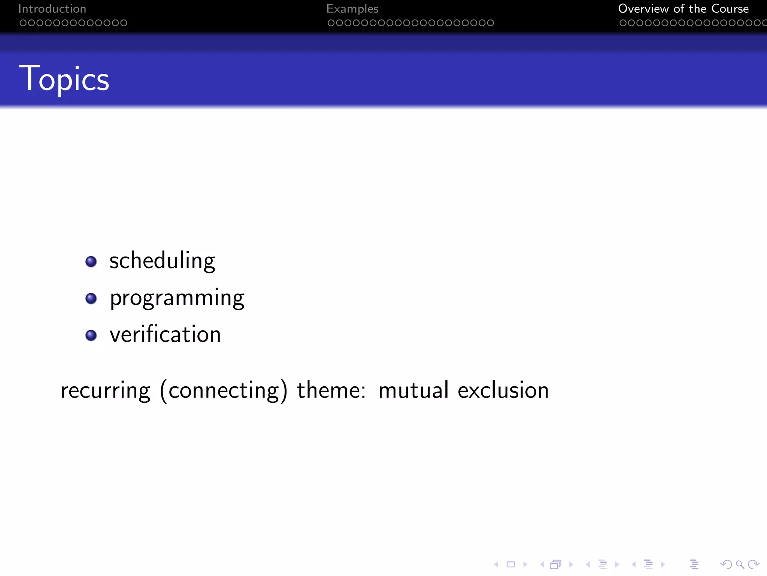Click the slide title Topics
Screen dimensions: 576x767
point(64,79)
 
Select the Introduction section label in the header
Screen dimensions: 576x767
point(52,9)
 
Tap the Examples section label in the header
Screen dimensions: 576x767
point(352,9)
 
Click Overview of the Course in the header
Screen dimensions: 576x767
point(683,9)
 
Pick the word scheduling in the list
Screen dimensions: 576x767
point(162,261)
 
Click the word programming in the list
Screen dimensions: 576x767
point(177,298)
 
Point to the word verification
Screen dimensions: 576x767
point(165,334)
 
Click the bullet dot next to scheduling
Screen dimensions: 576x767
point(91,261)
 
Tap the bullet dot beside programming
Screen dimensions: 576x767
point(91,298)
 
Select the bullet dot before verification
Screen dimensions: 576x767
point(91,335)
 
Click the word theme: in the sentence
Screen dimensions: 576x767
point(331,390)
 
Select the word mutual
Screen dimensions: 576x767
point(413,390)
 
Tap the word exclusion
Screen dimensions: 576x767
point(503,390)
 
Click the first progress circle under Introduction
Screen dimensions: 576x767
point(23,23)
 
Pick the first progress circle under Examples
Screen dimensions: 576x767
point(331,23)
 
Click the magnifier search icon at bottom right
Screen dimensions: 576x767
point(740,564)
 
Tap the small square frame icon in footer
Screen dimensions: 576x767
point(510,564)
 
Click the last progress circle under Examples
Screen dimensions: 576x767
point(490,23)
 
